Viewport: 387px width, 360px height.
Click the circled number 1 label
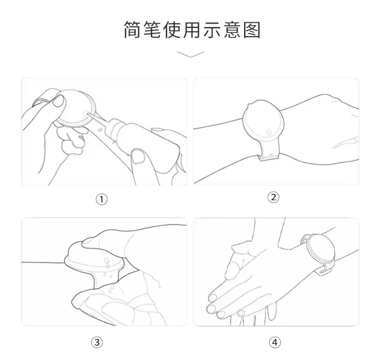tap(102, 199)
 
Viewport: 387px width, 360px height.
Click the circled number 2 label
tap(273, 197)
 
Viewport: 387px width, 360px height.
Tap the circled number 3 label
tap(97, 342)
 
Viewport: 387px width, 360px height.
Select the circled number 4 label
tap(275, 342)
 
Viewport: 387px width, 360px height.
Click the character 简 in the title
tap(133, 30)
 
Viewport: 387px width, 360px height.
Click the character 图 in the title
tap(252, 30)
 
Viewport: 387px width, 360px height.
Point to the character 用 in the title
tap(192, 30)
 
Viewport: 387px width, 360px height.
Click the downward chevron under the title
tap(190, 54)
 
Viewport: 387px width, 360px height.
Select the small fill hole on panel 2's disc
tap(269, 132)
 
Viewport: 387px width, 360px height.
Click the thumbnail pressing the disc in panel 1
tap(59, 102)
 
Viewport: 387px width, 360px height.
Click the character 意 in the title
tap(232, 30)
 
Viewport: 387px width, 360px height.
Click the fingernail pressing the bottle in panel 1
tap(138, 156)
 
